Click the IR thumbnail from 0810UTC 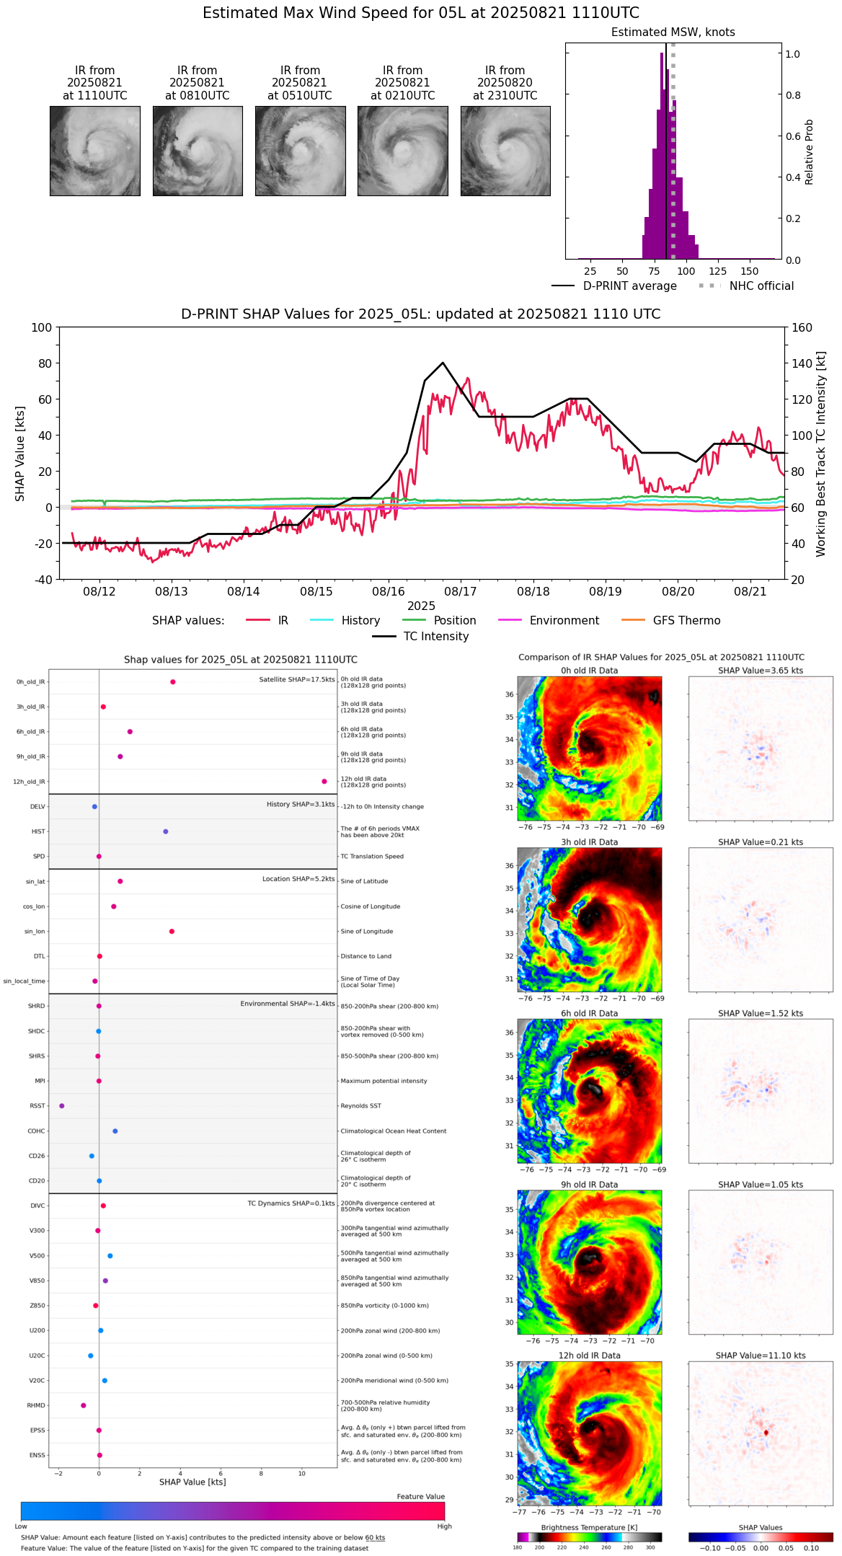point(198,151)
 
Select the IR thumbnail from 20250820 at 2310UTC point(505,151)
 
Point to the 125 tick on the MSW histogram point(717,271)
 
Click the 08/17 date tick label point(461,591)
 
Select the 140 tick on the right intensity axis point(802,363)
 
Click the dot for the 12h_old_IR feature point(324,782)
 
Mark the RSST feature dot point(61,1105)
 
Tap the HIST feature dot point(165,831)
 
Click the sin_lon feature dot point(172,932)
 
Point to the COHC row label point(36,1131)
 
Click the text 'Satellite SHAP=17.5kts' point(297,679)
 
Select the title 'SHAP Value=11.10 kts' point(761,1356)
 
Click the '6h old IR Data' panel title point(589,1013)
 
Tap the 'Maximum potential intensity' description point(384,1081)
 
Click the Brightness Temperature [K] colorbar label point(589,1527)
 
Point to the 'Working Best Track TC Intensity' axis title point(821,454)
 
